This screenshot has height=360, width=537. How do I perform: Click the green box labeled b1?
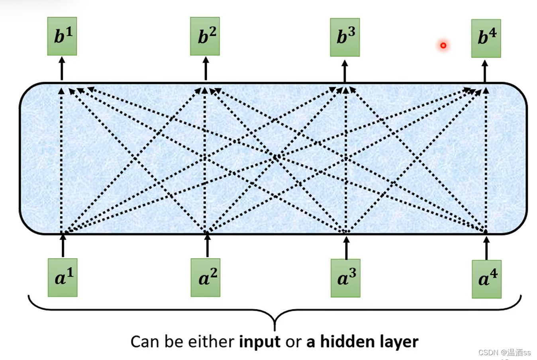coord(62,36)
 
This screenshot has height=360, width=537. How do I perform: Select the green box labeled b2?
coord(205,36)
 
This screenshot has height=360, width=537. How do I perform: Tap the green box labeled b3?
coord(345,37)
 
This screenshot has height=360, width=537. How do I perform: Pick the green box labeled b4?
coord(486,38)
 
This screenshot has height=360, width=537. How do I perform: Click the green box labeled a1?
coord(63,278)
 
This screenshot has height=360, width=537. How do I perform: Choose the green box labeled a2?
coord(205,278)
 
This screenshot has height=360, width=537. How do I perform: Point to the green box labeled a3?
coord(345,278)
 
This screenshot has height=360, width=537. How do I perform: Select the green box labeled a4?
coord(486,279)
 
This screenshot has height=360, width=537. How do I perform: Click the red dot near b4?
coord(443,45)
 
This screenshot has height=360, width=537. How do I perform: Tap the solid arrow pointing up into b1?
coord(62,69)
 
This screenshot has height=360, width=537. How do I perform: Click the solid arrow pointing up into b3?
coord(345,71)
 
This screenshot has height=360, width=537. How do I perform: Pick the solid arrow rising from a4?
coord(486,248)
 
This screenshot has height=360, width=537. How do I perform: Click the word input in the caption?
coord(260,342)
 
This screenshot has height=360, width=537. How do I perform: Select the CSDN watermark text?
coord(504,352)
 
